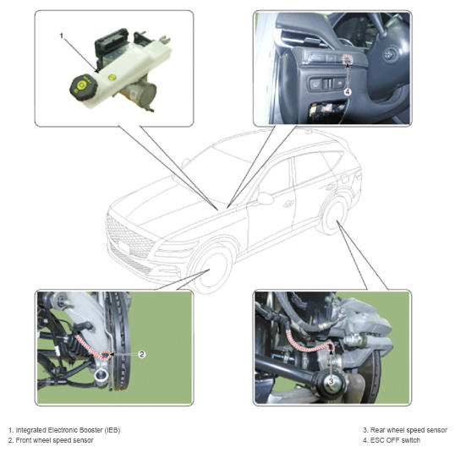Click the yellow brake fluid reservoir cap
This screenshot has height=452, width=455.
click(81, 85)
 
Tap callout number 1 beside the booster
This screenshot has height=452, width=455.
click(61, 35)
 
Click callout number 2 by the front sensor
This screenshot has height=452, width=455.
click(141, 354)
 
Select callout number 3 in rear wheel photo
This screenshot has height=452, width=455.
click(331, 381)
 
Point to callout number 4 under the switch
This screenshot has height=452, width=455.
click(348, 92)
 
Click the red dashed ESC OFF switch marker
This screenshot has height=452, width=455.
click(348, 59)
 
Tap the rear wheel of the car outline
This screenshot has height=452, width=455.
click(334, 215)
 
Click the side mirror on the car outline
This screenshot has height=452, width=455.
click(266, 198)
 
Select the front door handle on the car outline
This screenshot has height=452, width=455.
click(288, 204)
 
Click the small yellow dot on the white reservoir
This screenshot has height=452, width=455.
click(112, 77)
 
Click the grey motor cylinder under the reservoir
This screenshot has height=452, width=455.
click(143, 92)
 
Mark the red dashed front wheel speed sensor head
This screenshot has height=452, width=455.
click(107, 355)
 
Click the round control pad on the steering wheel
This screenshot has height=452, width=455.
click(389, 55)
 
